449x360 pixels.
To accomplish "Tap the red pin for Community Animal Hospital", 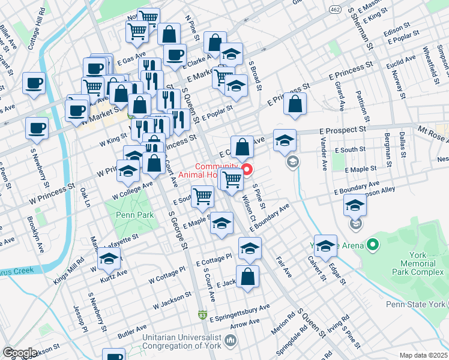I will click(x=246, y=163).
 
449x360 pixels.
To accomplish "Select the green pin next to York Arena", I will click(x=373, y=244).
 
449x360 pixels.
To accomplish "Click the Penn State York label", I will click(x=417, y=304).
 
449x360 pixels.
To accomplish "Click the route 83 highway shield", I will click(x=203, y=314).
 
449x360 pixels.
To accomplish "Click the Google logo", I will click(x=20, y=353).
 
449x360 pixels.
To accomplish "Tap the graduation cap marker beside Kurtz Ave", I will click(x=109, y=259).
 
